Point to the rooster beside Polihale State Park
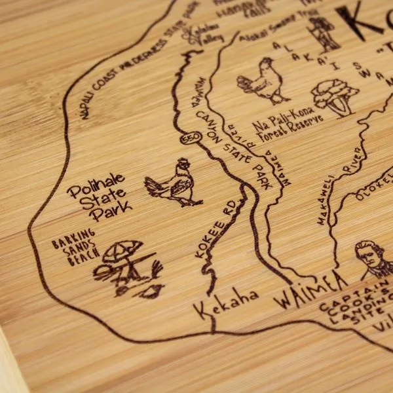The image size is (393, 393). pos(172,183)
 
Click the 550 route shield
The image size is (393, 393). pos(189,140)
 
